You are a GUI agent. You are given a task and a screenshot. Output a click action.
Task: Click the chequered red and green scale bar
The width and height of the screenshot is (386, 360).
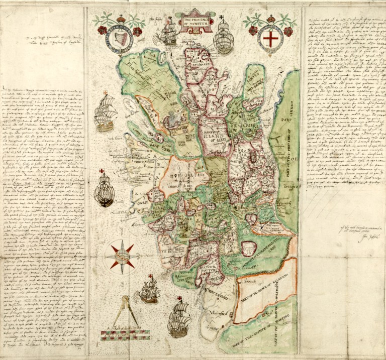[122, 335]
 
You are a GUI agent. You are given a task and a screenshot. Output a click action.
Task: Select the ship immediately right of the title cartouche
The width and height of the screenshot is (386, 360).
[223, 36]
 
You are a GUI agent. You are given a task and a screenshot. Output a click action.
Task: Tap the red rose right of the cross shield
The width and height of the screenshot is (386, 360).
[288, 31]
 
